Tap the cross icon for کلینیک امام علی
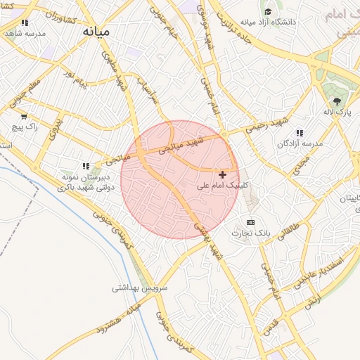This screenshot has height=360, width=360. [x=223, y=174]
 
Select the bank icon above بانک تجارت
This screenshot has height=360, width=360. [x=251, y=222]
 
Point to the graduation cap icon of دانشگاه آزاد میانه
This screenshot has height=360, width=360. [x=267, y=11]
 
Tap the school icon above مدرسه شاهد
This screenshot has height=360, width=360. [x=25, y=22]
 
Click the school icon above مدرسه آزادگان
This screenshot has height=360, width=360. [x=300, y=133]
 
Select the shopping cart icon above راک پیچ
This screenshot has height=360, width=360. [x=25, y=117]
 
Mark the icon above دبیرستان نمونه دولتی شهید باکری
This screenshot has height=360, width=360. [x=86, y=167]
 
